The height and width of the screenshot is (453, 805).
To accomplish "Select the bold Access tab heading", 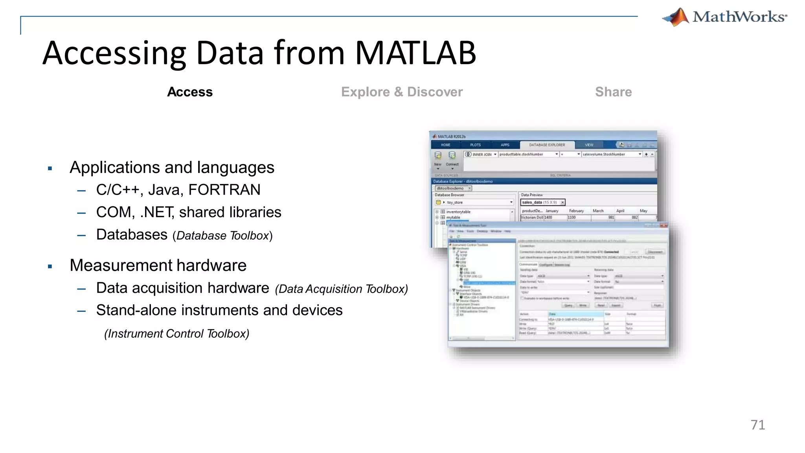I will pos(190,92).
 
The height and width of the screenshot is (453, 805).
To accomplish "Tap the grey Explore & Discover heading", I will pos(402,92).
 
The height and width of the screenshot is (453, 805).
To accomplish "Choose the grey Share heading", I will pos(613,92).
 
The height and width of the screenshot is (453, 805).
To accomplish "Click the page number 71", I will pos(757,425).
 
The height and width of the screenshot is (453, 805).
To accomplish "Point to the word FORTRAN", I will pos(224,190).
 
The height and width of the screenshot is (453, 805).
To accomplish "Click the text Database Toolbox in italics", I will pos(223,236).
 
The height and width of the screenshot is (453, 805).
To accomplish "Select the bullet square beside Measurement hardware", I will pos(50,267).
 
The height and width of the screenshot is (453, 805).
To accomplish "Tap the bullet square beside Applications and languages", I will pos(50,169).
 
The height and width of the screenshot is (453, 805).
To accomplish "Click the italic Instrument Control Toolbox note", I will pos(176,334).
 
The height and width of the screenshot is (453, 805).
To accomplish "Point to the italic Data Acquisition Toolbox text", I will pos(341,289).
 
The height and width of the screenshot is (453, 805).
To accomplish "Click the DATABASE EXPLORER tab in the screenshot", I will pos(547,145).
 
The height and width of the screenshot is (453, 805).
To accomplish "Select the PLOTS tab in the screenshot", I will pos(475,145).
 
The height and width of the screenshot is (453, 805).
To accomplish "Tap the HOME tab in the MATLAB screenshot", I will pos(445,145).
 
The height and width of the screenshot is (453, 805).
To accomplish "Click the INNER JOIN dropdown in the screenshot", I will pos(481,155).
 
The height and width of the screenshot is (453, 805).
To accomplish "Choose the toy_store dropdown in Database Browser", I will pos(474,203).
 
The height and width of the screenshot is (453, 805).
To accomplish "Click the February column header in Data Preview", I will pos(576,211).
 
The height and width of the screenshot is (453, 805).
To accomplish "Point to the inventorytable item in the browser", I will pos(458,212).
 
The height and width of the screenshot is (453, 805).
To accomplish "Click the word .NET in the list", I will pos(157,212).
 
